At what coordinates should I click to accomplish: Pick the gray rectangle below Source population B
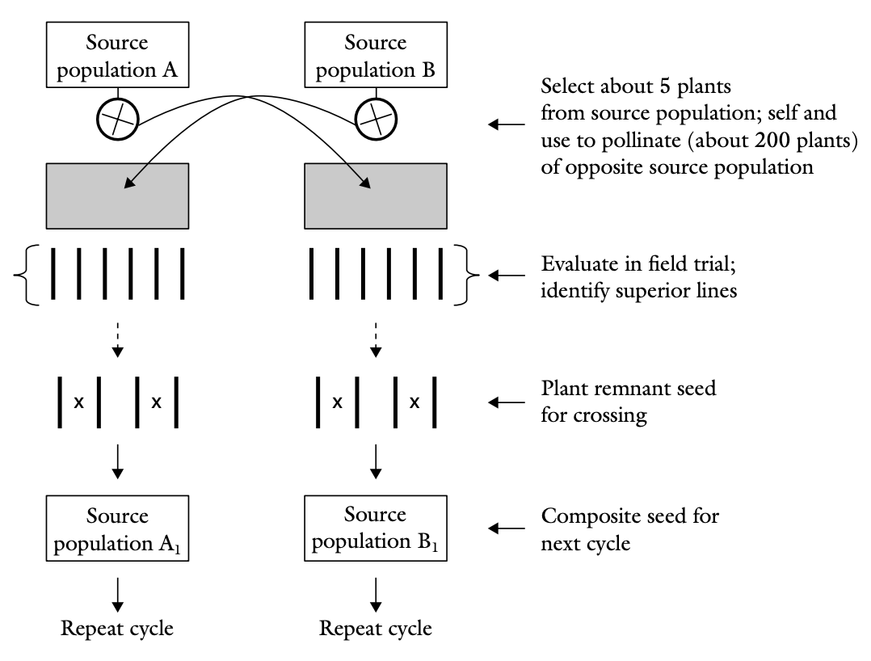pyautogui.click(x=376, y=196)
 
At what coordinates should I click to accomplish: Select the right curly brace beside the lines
pyautogui.click(x=469, y=276)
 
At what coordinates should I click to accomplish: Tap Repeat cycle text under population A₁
pyautogui.click(x=118, y=627)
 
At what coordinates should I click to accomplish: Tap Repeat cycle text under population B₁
pyautogui.click(x=376, y=627)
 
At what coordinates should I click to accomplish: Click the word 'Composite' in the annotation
pyautogui.click(x=580, y=516)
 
